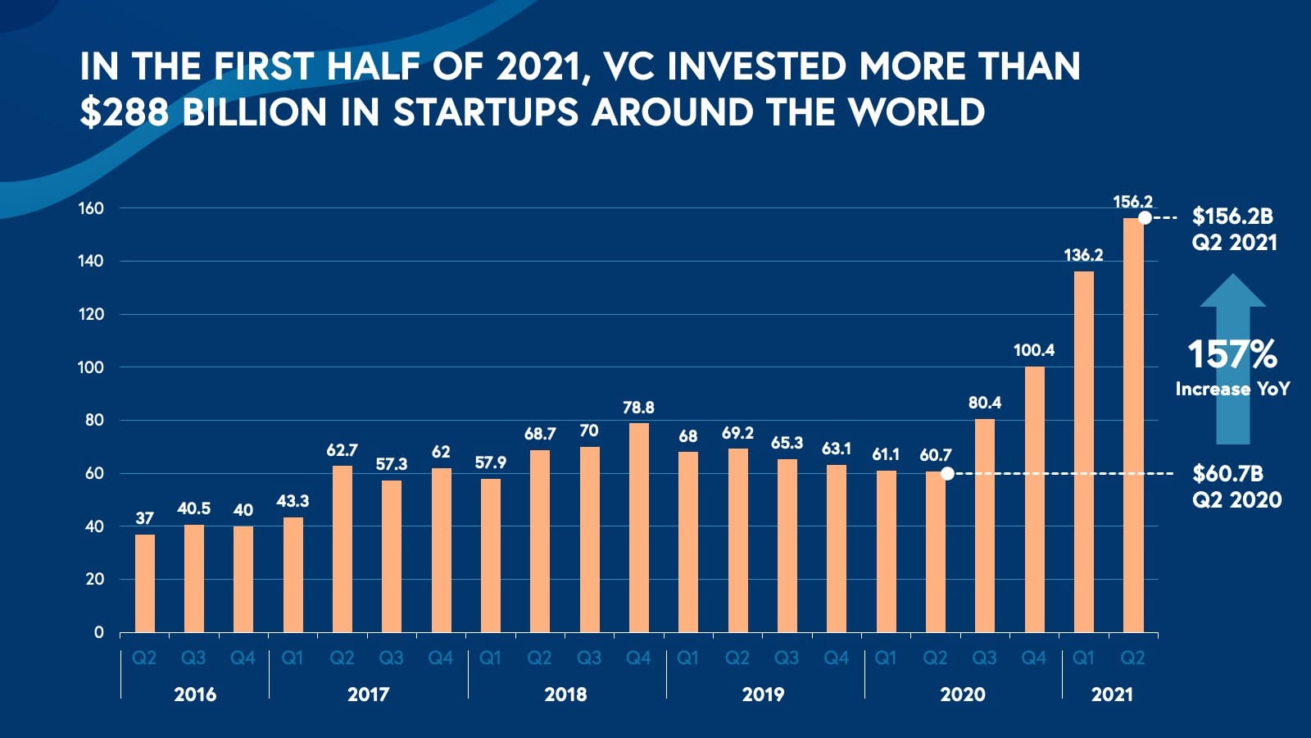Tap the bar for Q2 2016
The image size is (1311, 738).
144,583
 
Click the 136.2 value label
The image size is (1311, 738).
1083,255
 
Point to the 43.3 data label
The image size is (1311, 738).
293,501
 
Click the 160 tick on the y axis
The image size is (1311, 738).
91,208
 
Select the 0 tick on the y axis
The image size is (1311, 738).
99,632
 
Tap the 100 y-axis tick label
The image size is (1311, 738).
91,367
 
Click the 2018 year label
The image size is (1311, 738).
565,695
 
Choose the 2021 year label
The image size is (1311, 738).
1112,695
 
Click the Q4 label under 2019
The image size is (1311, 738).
836,658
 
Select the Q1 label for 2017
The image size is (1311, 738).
293,658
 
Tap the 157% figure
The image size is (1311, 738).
1232,355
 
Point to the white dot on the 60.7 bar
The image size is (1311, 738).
947,473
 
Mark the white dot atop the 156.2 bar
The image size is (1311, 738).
1145,217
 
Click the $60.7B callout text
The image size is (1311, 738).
1227,473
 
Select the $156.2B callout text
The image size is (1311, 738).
1232,216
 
